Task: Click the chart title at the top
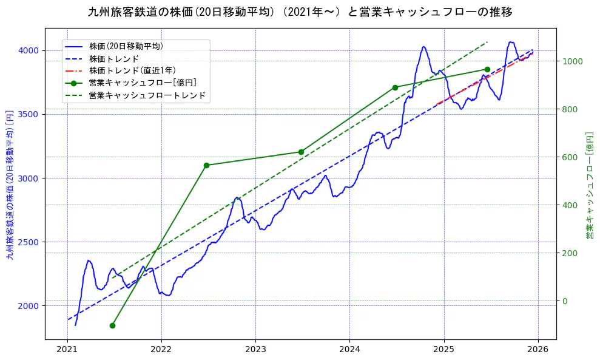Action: tap(300, 12)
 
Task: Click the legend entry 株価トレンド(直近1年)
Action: tap(132, 70)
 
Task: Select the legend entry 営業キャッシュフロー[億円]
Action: tap(142, 83)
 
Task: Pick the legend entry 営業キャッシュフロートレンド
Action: tap(147, 95)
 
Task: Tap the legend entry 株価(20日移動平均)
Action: tap(126, 46)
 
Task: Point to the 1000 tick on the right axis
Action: tap(572, 61)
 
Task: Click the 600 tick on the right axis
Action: tap(570, 157)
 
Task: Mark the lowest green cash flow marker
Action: tap(112, 325)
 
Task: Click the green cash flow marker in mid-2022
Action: tap(206, 165)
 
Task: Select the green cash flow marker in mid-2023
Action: tap(301, 152)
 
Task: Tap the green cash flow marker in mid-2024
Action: tap(395, 87)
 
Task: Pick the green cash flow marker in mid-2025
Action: tap(487, 69)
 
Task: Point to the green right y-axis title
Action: tap(590, 185)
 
